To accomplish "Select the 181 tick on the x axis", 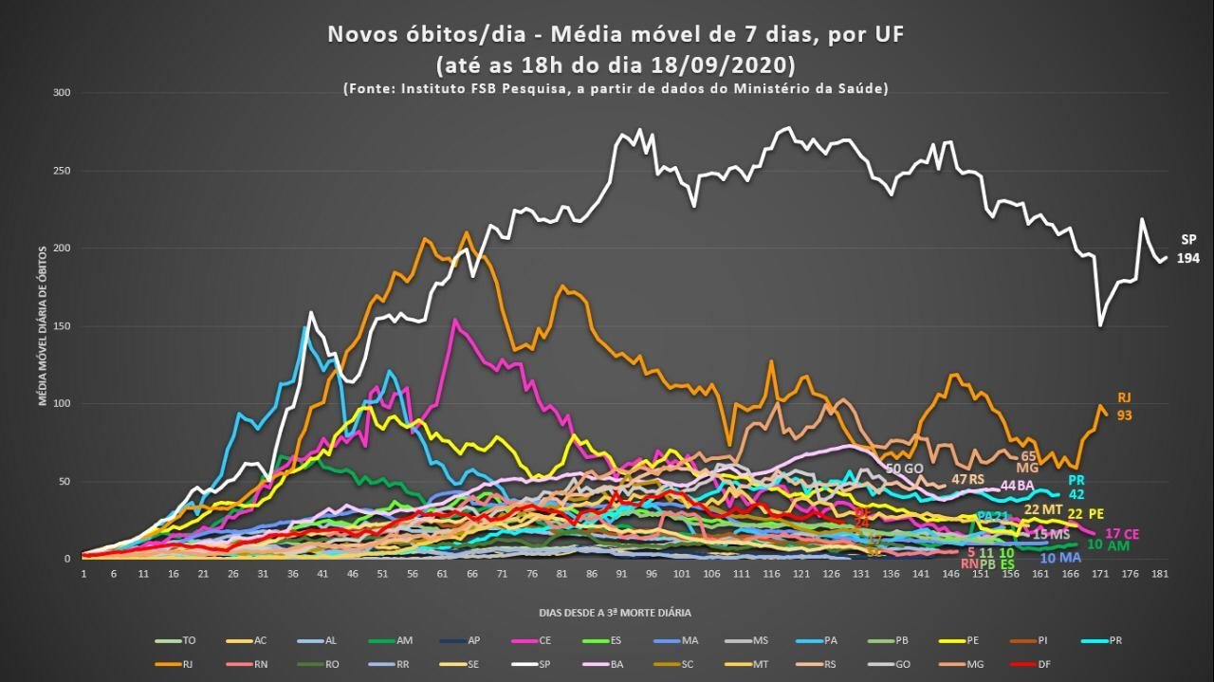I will tap(1159, 574).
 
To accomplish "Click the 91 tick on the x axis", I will tap(621, 574).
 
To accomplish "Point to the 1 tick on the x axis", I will tap(83, 574).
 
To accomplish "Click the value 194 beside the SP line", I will tap(1188, 258).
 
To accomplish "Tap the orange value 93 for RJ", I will tap(1125, 415).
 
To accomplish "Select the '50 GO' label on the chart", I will tap(904, 469).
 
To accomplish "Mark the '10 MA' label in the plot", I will tap(1060, 558).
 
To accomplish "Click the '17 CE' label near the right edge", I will tap(1122, 535).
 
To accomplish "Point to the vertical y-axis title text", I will tap(43, 324).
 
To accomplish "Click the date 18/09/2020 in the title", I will tap(724, 65).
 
